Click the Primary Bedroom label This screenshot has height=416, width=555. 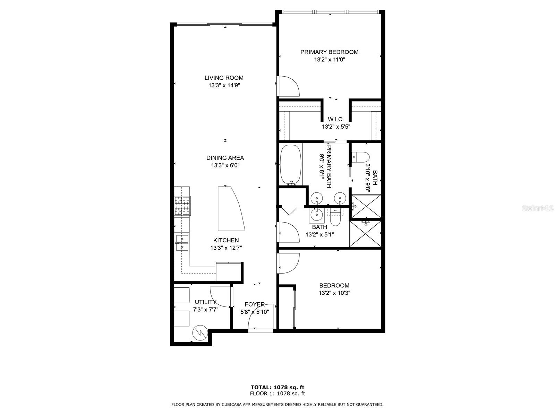[329, 52]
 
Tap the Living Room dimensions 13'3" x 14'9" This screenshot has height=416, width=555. [224, 85]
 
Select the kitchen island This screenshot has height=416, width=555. [230, 209]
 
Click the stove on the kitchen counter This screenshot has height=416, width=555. [182, 206]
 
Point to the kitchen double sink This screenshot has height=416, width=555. [182, 242]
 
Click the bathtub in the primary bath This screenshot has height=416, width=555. [291, 165]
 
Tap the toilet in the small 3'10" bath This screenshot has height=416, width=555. [360, 157]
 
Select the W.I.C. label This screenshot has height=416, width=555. [336, 119]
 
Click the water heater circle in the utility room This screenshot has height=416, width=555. [200, 332]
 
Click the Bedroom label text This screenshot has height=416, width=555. [334, 286]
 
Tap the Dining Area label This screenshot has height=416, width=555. [225, 158]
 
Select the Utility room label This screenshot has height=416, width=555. [205, 302]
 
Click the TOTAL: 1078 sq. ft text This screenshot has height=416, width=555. [277, 387]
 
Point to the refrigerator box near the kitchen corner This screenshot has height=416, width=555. [228, 272]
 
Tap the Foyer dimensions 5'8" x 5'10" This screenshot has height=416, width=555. [255, 312]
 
